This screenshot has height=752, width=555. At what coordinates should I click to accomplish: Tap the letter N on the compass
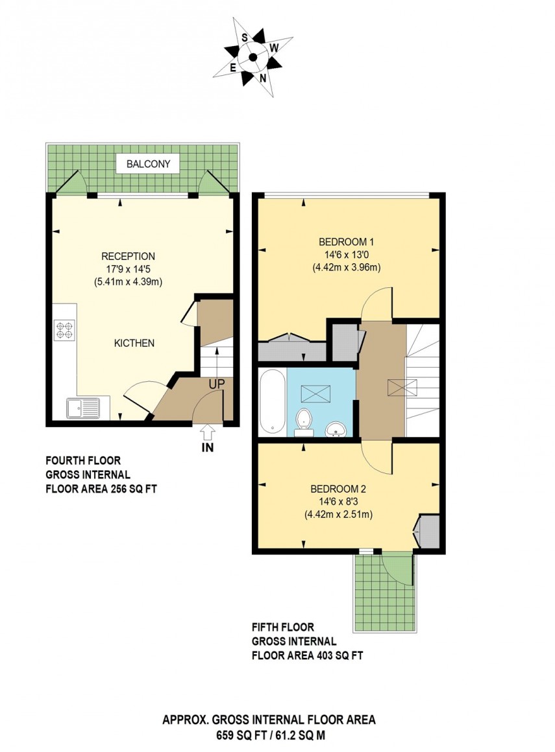(x=263, y=78)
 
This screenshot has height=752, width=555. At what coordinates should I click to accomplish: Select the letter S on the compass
(x=245, y=38)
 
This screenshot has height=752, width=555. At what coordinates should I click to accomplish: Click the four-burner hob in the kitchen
(x=66, y=331)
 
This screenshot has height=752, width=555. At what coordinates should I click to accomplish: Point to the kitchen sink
(x=83, y=408)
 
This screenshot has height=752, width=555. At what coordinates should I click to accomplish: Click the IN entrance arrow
(x=208, y=432)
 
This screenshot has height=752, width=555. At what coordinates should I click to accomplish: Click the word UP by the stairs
(x=216, y=384)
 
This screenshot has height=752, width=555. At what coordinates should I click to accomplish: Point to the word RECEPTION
(x=128, y=256)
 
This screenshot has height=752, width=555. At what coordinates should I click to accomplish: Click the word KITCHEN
(x=134, y=343)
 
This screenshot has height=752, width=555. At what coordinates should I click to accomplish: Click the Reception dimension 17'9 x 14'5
(x=128, y=268)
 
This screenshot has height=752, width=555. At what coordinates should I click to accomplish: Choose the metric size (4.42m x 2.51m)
(x=338, y=515)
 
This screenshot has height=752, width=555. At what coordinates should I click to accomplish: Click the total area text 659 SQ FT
(x=241, y=736)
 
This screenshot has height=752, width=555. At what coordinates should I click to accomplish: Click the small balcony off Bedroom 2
(x=383, y=591)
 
